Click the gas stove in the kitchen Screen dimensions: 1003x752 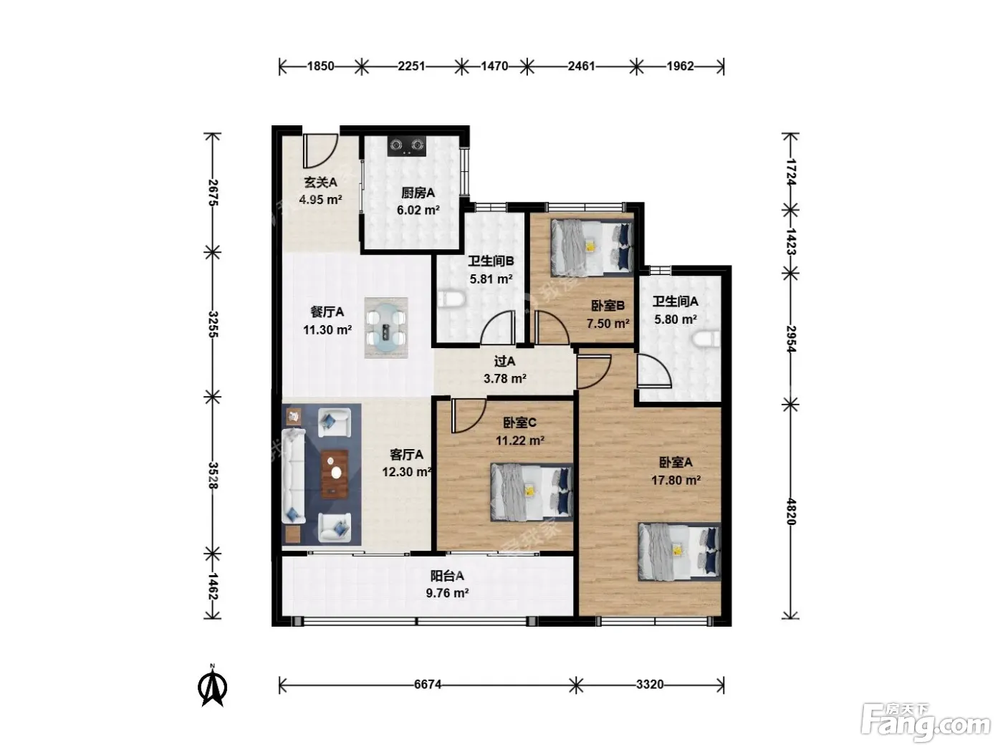click(405, 146)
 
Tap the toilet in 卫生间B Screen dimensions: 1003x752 click(451, 300)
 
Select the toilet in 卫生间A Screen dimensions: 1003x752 click(706, 339)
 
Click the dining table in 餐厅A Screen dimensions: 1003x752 click(386, 328)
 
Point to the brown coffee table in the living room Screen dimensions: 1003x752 click(335, 473)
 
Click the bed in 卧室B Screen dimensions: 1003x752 click(592, 248)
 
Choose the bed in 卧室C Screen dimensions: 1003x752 click(532, 492)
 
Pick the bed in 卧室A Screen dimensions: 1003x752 click(679, 552)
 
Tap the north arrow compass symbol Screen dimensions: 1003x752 click(213, 685)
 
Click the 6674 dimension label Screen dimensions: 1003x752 click(428, 685)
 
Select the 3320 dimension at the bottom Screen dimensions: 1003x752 click(649, 685)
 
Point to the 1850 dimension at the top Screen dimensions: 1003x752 click(320, 66)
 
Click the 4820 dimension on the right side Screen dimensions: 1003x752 click(792, 511)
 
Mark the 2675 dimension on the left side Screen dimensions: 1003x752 click(213, 193)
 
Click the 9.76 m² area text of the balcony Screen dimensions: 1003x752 click(447, 593)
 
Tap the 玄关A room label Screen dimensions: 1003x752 click(321, 183)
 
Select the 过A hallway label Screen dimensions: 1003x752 click(504, 362)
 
